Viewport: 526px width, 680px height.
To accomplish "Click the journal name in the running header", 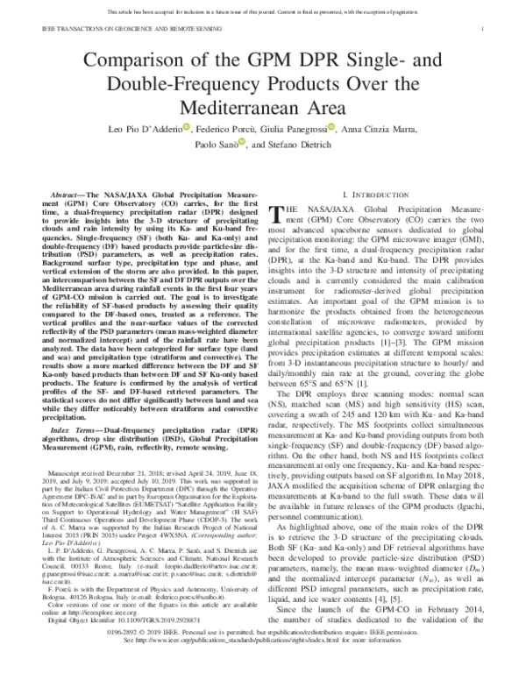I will pyautogui.click(x=112, y=29).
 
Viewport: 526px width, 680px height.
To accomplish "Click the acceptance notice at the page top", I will pyautogui.click(x=262, y=10).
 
